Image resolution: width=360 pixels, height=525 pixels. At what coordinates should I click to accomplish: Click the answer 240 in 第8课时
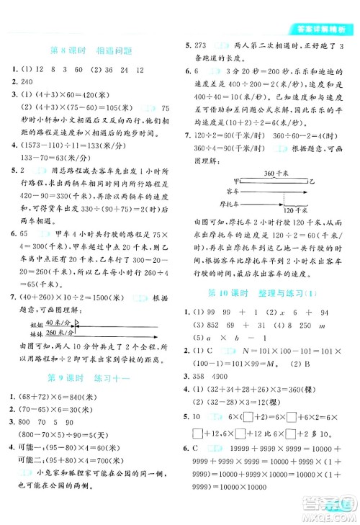pos(27,82)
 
